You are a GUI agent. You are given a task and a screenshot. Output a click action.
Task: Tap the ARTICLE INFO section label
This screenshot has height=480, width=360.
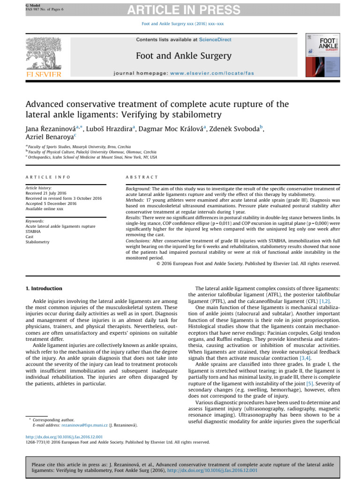(48, 177)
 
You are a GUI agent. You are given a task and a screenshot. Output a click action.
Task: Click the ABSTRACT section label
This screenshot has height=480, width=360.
(142, 177)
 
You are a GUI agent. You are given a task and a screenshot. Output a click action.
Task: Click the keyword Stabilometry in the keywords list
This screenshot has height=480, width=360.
(37, 242)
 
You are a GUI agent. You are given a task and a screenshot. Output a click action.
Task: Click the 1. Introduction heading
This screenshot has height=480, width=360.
(44, 288)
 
